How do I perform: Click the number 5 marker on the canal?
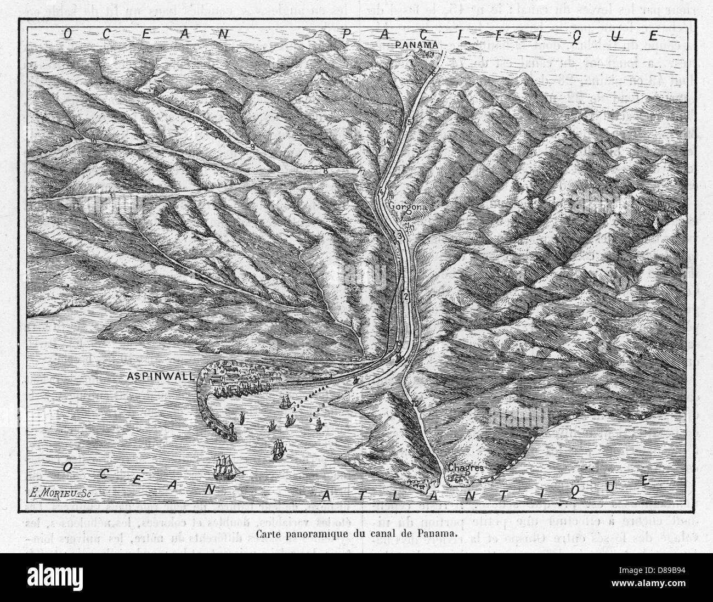(410, 121)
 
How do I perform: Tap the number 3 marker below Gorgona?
(400, 235)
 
